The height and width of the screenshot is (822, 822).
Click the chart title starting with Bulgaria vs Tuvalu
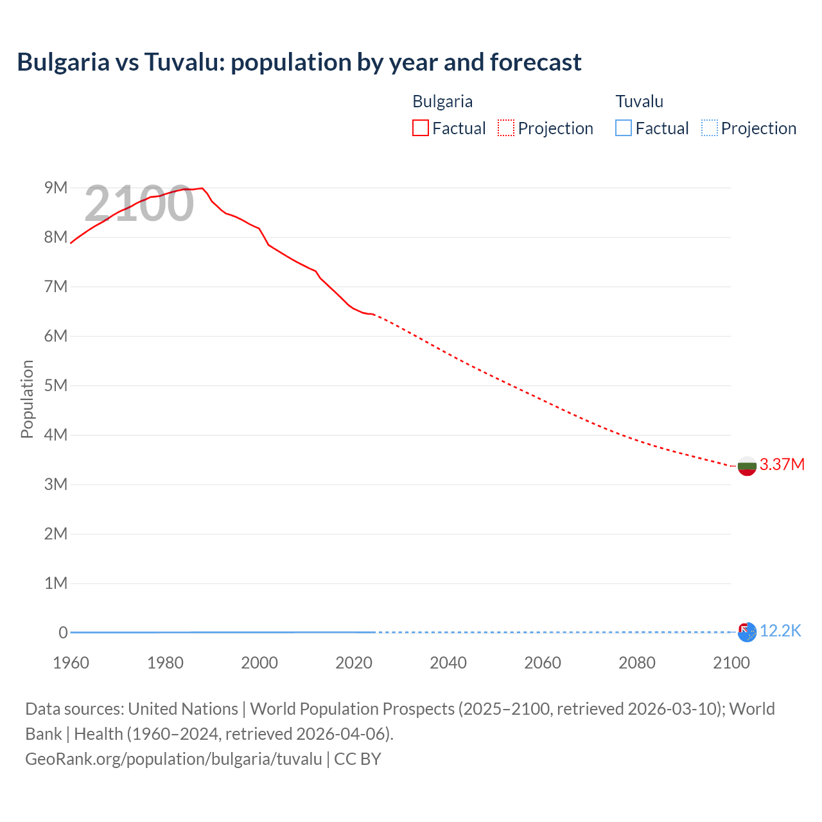tap(299, 62)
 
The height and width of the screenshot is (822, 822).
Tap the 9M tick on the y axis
tap(56, 188)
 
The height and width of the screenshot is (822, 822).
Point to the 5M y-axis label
tap(56, 385)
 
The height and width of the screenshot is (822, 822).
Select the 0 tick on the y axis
tap(63, 633)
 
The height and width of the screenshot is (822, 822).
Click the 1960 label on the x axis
tap(71, 663)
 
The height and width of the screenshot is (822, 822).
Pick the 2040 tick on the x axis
tap(448, 663)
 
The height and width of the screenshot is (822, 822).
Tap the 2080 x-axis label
tap(637, 663)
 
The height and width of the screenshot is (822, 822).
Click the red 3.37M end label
tap(782, 464)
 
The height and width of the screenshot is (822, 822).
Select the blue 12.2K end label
tap(780, 631)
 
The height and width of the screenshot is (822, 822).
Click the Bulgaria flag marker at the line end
tap(746, 466)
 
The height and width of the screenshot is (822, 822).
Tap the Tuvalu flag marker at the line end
tap(747, 633)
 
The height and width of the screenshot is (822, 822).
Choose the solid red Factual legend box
tap(421, 128)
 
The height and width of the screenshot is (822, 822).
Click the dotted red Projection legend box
tap(506, 128)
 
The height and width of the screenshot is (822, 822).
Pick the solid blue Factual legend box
tap(624, 128)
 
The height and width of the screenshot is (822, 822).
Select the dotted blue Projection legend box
tap(709, 128)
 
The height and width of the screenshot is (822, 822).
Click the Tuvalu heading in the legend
tap(639, 101)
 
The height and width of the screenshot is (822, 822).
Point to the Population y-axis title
tap(27, 399)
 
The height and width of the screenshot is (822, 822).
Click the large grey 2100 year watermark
tap(139, 204)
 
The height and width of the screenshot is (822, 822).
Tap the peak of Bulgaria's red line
tap(202, 188)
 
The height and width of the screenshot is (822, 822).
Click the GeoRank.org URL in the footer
tap(173, 759)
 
